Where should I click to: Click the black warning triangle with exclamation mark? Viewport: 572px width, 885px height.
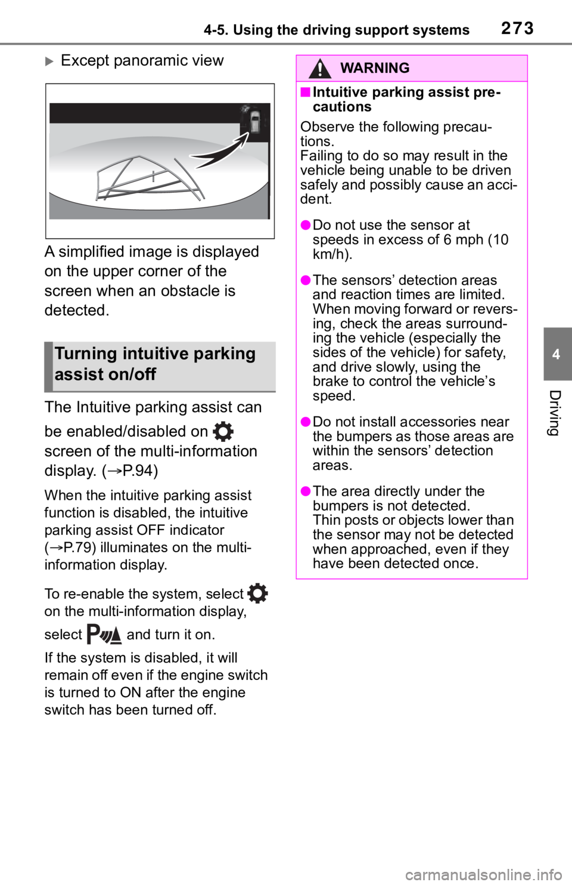point(320,69)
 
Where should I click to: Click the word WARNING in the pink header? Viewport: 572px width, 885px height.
point(375,68)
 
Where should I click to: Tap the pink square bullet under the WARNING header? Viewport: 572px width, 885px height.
point(305,92)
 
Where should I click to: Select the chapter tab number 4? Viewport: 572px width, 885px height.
point(556,354)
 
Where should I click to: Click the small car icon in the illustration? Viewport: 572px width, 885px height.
point(255,122)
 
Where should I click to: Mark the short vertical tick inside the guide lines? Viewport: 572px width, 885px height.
point(153,176)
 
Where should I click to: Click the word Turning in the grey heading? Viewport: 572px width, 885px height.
point(83,354)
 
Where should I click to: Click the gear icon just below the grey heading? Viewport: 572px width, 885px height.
point(222,431)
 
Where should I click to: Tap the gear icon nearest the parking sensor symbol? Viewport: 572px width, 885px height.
point(256,594)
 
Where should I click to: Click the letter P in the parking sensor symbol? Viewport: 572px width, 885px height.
point(93,634)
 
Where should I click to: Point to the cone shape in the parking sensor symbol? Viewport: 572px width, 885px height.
point(116,636)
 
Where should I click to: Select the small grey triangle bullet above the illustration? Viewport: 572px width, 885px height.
point(49,61)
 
